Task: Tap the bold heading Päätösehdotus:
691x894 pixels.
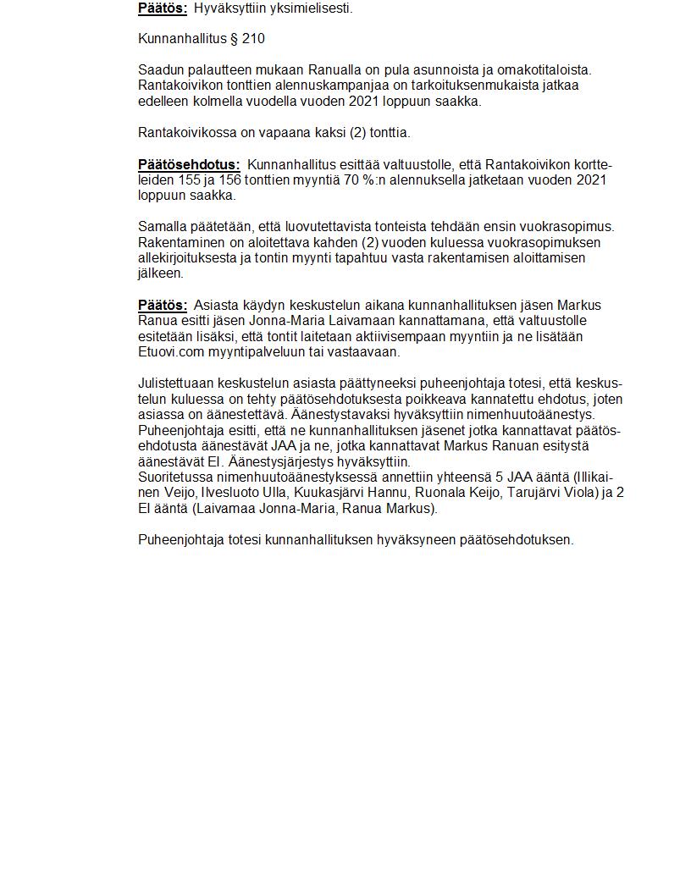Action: point(189,164)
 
